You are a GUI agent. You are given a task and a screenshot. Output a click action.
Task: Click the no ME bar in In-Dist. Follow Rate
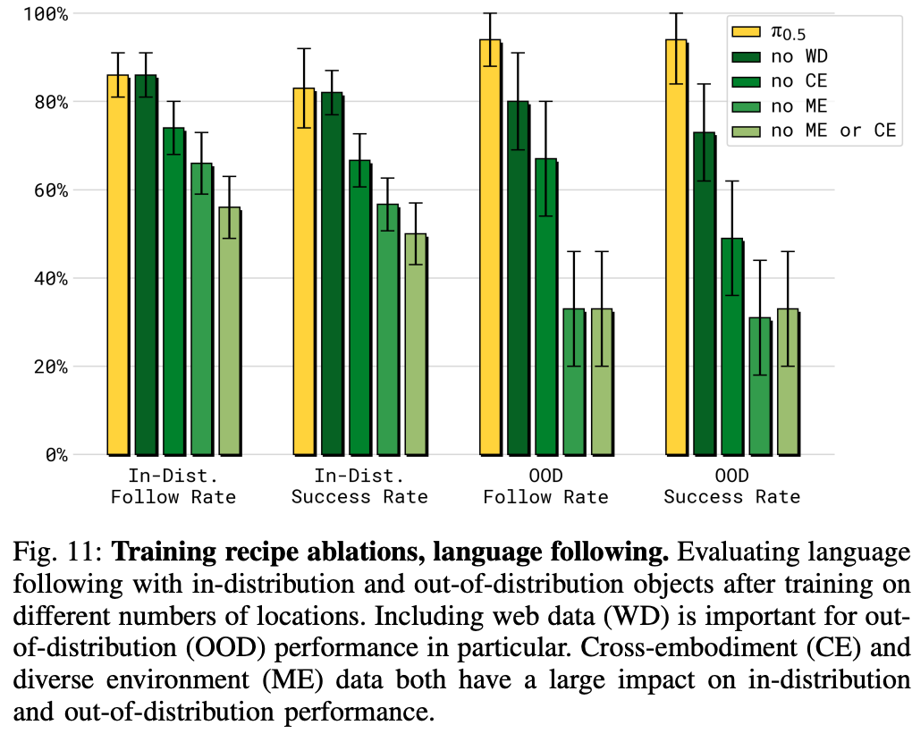[201, 308]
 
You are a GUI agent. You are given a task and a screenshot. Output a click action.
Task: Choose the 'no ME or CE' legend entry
[832, 131]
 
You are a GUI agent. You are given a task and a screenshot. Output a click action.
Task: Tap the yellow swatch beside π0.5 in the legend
[747, 32]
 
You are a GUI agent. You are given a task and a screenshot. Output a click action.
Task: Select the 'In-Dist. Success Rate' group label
[359, 486]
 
